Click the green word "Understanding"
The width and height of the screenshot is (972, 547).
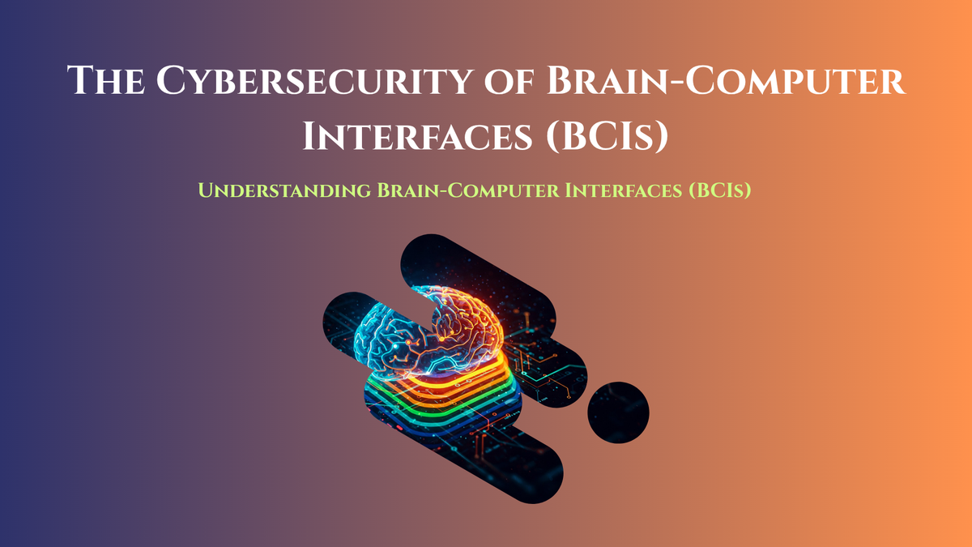tap(283, 192)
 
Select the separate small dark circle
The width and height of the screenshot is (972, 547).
tap(618, 412)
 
